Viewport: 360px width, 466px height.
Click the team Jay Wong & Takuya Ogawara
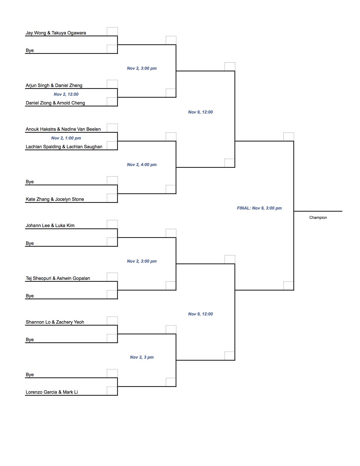pyautogui.click(x=56, y=33)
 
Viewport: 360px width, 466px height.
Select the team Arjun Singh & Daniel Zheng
pyautogui.click(x=54, y=85)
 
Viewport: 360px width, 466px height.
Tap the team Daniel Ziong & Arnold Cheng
pyautogui.click(x=55, y=103)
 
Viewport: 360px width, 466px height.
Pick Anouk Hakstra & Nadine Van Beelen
pyautogui.click(x=63, y=129)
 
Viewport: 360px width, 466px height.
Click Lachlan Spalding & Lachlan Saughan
pyautogui.click(x=64, y=147)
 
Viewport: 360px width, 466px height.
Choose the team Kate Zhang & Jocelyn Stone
pyautogui.click(x=55, y=199)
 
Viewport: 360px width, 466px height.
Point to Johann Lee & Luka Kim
pyautogui.click(x=50, y=225)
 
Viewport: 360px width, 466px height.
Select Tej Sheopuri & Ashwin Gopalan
pyautogui.click(x=58, y=278)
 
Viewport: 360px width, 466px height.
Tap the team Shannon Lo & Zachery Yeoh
pyautogui.click(x=55, y=322)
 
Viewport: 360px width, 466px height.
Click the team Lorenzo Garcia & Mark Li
pyautogui.click(x=52, y=392)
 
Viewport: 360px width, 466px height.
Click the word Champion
pyautogui.click(x=318, y=217)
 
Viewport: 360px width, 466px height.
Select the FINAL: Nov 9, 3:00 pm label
pyautogui.click(x=259, y=208)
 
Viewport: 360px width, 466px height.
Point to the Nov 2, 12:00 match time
pyautogui.click(x=66, y=94)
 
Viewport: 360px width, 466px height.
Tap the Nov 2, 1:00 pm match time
pyautogui.click(x=66, y=138)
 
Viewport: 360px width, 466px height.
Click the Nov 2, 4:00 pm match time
pyautogui.click(x=142, y=165)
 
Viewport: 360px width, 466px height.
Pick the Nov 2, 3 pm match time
pyautogui.click(x=142, y=357)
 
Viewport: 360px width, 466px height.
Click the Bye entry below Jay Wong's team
pyautogui.click(x=30, y=50)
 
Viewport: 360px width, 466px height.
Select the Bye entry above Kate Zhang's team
pyautogui.click(x=30, y=182)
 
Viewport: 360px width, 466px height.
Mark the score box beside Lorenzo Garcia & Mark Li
pyautogui.click(x=112, y=391)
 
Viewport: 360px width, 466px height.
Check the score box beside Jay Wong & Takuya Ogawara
pyautogui.click(x=112, y=32)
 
